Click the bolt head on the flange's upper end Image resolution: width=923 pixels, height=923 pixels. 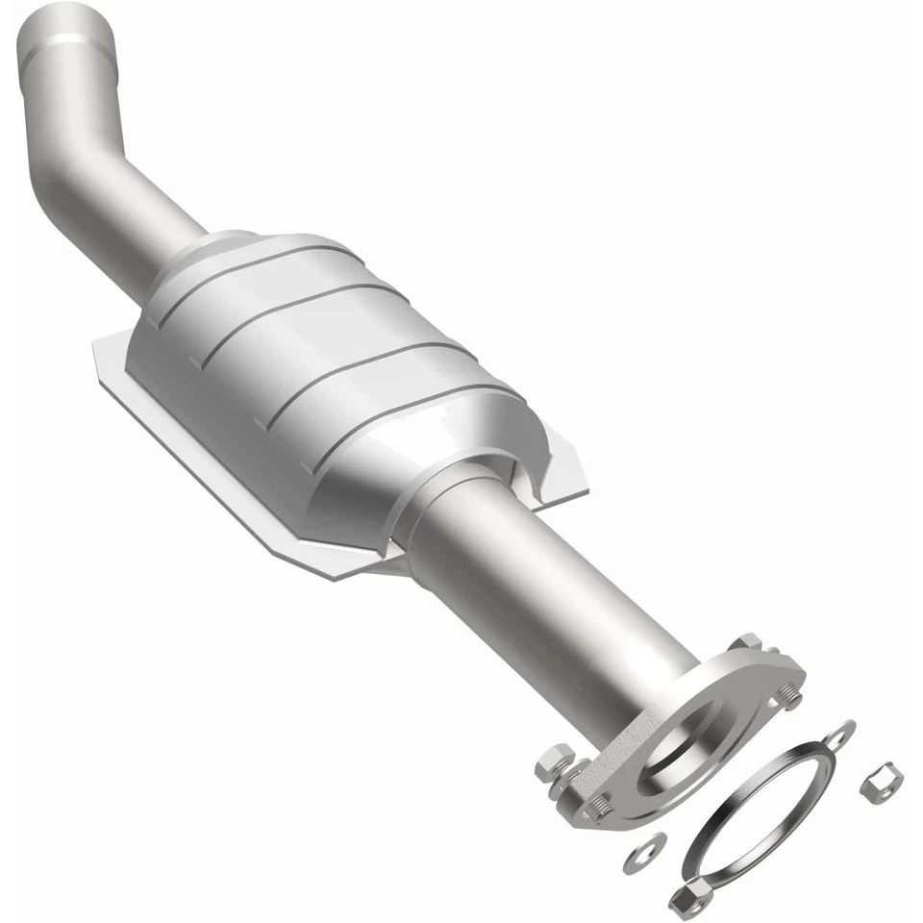[746, 645]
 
